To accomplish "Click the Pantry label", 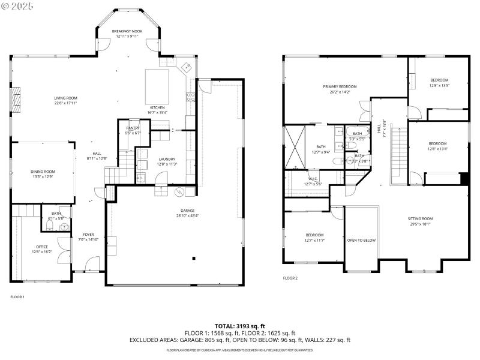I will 133,128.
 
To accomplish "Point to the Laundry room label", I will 167,159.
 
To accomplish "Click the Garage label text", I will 188,211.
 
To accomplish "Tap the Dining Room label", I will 43,172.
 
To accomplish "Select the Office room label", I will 42,247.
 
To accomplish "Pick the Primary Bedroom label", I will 340,87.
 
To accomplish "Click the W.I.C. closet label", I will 313,178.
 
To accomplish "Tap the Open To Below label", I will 361,240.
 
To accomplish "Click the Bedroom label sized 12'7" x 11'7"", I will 314,235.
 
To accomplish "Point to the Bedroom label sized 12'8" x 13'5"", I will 439,80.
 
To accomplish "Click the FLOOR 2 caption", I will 290,278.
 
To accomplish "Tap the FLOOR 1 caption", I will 18,296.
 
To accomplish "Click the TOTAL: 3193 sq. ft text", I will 239,326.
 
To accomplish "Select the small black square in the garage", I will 194,259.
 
